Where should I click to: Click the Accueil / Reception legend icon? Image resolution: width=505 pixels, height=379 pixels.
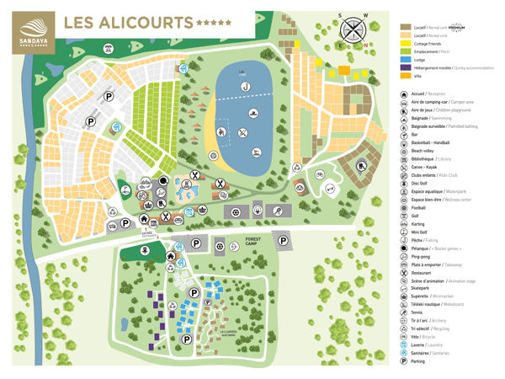pyautogui.click(x=403, y=94)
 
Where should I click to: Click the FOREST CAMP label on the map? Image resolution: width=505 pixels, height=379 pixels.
pyautogui.click(x=256, y=241)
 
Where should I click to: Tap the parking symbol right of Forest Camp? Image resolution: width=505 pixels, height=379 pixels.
pyautogui.click(x=285, y=241)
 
